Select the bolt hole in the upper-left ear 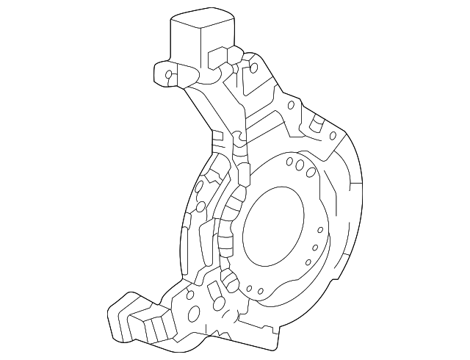pos(169,73)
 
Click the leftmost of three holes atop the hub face pos(290,162)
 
